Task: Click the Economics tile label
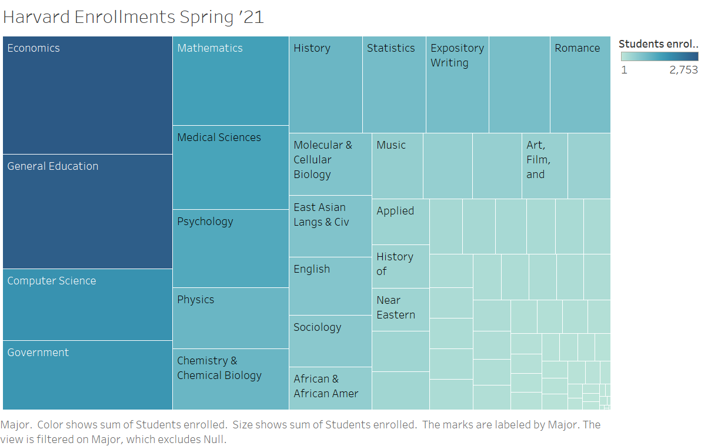pyautogui.click(x=34, y=48)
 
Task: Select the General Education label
pyautogui.click(x=53, y=166)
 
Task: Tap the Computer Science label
pyautogui.click(x=52, y=281)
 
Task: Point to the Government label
pyautogui.click(x=38, y=353)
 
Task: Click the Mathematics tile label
pyautogui.click(x=210, y=48)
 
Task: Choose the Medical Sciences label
pyautogui.click(x=219, y=138)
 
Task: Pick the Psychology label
pyautogui.click(x=205, y=222)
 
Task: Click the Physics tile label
pyautogui.click(x=196, y=300)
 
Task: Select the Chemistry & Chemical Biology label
pyautogui.click(x=219, y=368)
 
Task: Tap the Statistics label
pyautogui.click(x=391, y=48)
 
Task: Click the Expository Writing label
pyautogui.click(x=458, y=55)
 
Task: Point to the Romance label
pyautogui.click(x=578, y=48)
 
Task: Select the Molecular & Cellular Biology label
pyautogui.click(x=323, y=160)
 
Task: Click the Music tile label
pyautogui.click(x=391, y=145)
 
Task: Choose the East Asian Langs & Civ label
pyautogui.click(x=321, y=214)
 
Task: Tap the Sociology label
pyautogui.click(x=318, y=327)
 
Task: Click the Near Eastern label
pyautogui.click(x=396, y=307)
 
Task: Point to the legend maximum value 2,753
pyautogui.click(x=683, y=70)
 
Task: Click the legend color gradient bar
pyautogui.click(x=659, y=56)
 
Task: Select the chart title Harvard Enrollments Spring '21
pyautogui.click(x=133, y=17)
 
